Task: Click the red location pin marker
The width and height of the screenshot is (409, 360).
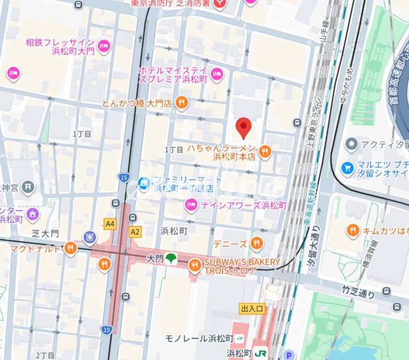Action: (243, 127)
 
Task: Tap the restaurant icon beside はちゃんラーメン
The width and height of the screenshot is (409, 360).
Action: (265, 152)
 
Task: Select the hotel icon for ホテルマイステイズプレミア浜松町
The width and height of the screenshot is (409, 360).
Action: (217, 75)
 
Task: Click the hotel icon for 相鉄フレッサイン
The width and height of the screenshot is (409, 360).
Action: (103, 47)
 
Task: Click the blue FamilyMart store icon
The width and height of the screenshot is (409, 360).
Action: (144, 183)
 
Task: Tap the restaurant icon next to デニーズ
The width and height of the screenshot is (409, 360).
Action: (256, 243)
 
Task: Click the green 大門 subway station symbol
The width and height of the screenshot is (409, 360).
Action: (171, 258)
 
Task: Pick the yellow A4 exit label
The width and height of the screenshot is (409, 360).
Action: (110, 224)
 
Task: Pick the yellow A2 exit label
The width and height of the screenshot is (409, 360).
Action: (134, 231)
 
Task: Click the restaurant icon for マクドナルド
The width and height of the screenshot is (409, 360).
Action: (70, 248)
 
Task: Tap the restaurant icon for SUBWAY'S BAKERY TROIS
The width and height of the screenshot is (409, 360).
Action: (195, 266)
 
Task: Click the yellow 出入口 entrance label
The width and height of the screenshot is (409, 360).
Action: (253, 309)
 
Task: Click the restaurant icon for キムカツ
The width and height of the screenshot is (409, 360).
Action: (352, 229)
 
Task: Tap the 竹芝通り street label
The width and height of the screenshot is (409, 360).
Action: (359, 291)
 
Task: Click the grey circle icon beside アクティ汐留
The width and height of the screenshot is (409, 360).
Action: (352, 144)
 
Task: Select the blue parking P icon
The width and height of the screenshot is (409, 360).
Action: (289, 354)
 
